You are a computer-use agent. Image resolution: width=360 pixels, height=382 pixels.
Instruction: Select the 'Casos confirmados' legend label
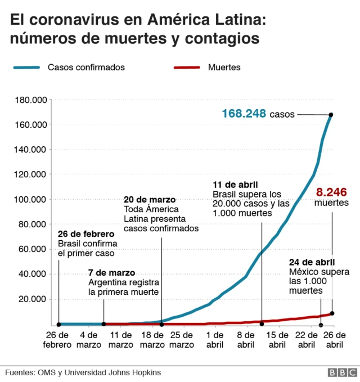(x=86, y=67)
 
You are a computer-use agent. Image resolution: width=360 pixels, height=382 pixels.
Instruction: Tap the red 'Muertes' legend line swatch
(x=186, y=67)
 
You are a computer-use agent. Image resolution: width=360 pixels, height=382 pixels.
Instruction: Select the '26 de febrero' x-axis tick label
(x=58, y=339)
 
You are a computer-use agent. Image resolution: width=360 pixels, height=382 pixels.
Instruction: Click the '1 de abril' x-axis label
(x=214, y=339)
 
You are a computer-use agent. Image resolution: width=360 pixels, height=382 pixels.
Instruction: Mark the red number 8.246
(x=331, y=191)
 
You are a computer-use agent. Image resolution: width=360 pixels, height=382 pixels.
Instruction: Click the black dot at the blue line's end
(x=331, y=115)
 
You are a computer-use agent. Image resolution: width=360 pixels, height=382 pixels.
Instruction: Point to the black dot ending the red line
(x=332, y=313)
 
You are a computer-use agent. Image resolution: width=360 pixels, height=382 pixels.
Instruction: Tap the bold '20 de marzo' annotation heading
(x=149, y=199)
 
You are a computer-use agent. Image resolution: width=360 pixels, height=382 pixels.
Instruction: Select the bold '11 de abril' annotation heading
(x=235, y=185)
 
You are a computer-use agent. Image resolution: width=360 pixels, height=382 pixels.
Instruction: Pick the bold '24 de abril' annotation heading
(x=312, y=262)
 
